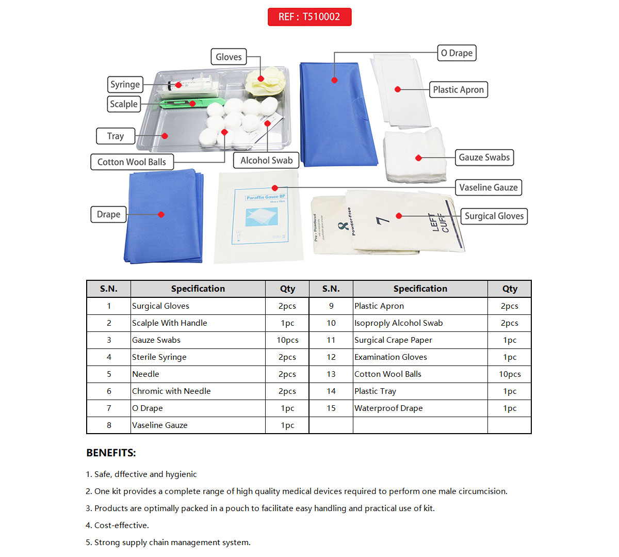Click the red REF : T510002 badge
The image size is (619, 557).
click(x=309, y=17)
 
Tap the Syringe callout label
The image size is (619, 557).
click(x=125, y=84)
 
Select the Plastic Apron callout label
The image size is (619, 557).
click(x=458, y=90)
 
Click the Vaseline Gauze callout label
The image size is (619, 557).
click(x=488, y=187)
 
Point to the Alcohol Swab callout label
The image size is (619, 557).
click(x=266, y=161)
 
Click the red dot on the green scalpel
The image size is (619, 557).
click(x=192, y=104)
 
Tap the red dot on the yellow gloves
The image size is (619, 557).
click(x=261, y=79)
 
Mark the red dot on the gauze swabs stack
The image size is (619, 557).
click(x=418, y=157)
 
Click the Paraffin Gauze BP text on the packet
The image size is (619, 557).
click(x=266, y=197)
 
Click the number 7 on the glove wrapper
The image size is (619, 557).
click(x=382, y=220)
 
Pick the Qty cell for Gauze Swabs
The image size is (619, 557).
click(x=287, y=340)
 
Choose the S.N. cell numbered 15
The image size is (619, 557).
click(x=331, y=408)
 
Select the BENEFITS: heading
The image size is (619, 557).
click(x=111, y=453)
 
